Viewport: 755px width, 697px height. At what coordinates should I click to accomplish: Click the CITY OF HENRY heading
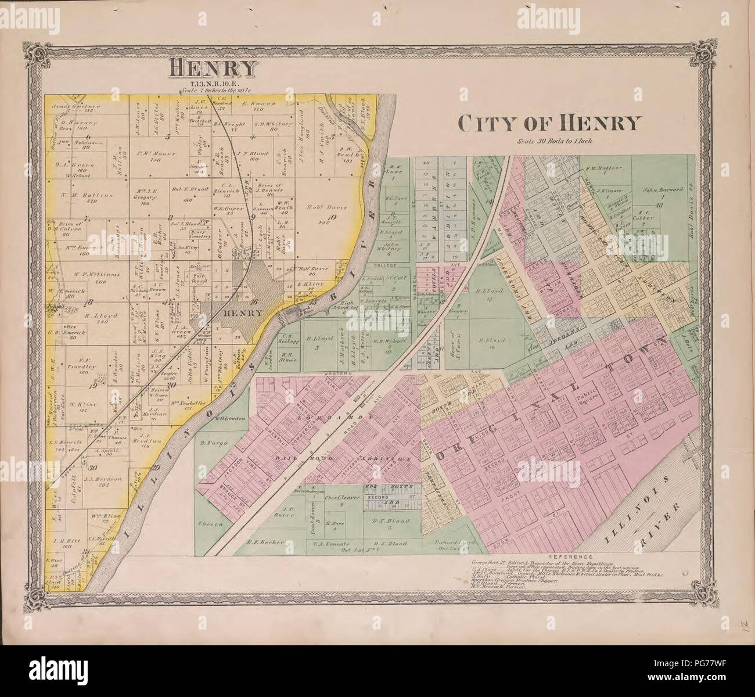(x=548, y=124)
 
